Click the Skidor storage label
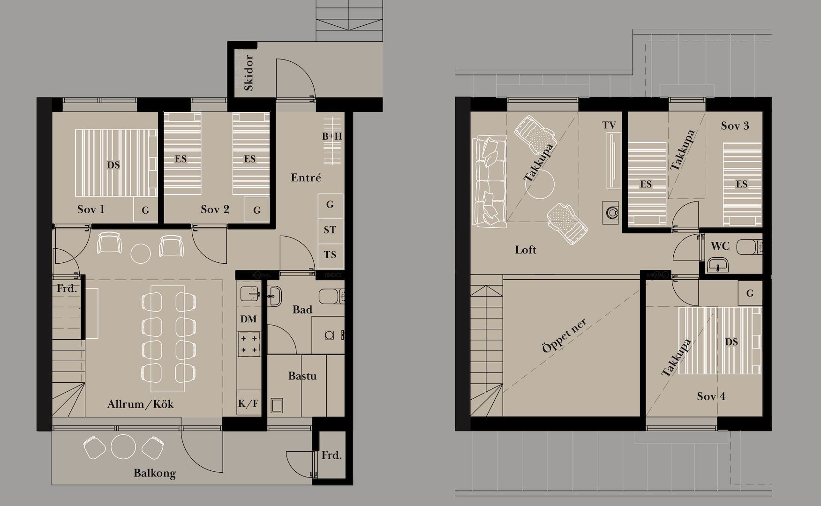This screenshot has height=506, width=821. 249,73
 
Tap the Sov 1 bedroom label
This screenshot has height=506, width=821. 91,209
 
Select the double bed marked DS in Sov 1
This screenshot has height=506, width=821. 116,163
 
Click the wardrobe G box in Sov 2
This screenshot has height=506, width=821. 257,210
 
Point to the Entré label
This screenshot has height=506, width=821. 306,178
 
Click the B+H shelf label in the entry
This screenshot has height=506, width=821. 332,136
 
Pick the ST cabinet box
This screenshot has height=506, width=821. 330,230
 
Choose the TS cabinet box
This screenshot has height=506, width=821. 330,254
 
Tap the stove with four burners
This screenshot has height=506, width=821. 249,344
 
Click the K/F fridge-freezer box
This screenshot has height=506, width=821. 249,403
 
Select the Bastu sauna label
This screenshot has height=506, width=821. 302,376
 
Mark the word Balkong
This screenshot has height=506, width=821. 155,473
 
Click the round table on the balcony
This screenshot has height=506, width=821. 123,446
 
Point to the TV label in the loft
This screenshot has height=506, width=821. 609,125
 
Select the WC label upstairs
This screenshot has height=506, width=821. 720,246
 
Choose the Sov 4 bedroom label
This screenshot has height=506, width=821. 711,396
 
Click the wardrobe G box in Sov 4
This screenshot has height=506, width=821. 750,293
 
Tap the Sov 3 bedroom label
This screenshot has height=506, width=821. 735,126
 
